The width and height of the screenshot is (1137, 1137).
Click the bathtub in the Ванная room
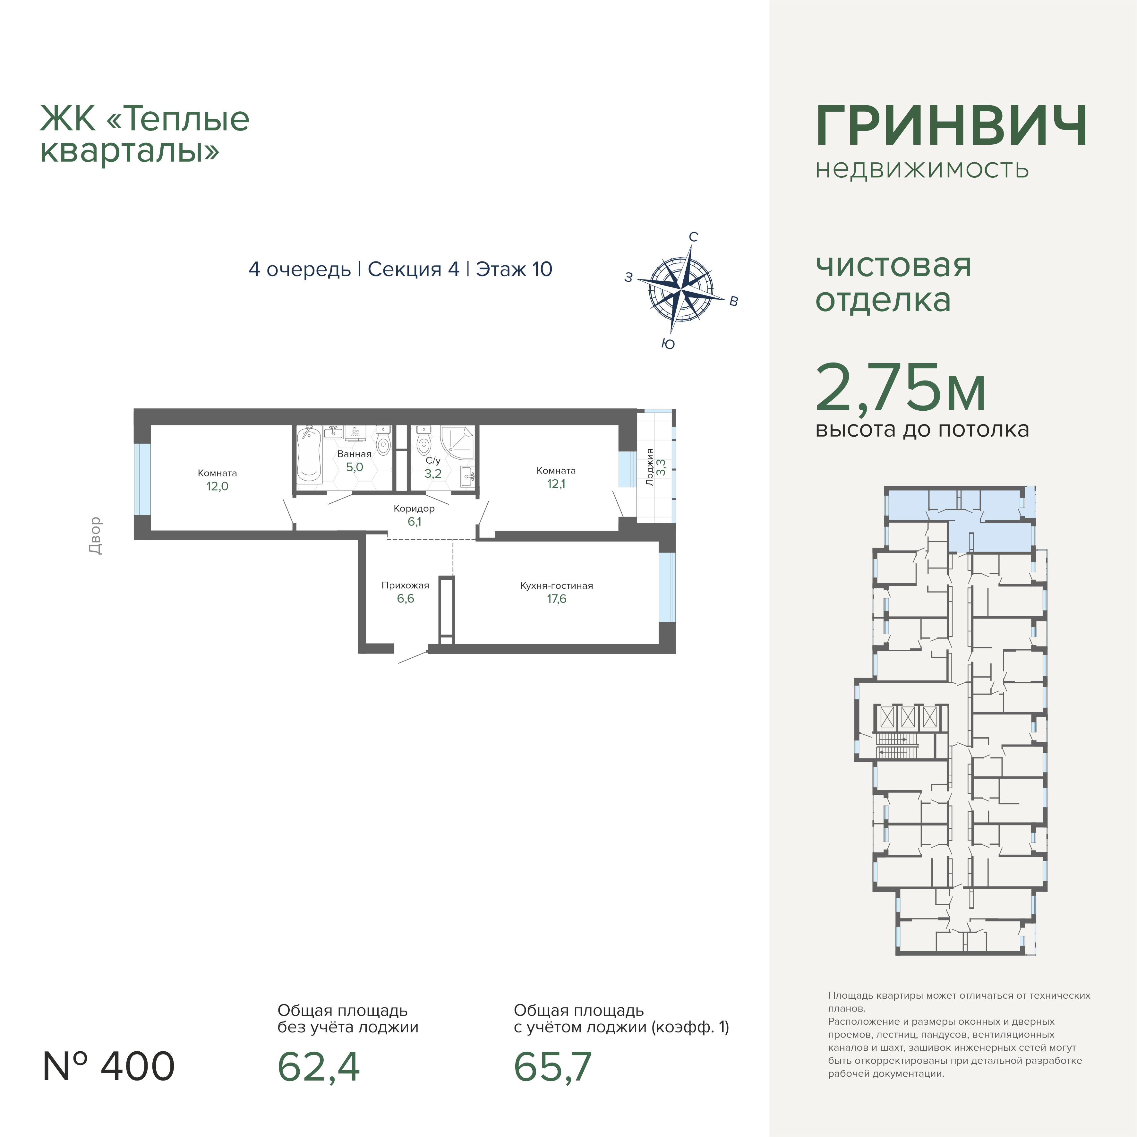coord(308,454)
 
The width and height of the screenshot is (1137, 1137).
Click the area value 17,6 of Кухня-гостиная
coord(556,599)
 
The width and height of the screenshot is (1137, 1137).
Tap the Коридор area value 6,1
coord(414,521)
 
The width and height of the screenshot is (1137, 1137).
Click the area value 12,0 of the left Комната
coord(217,486)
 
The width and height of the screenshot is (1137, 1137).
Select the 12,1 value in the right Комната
coord(556,484)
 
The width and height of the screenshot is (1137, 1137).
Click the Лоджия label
coord(650,467)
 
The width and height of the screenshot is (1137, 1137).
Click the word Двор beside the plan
coord(95,535)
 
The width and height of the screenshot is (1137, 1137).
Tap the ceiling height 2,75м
coord(901,389)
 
